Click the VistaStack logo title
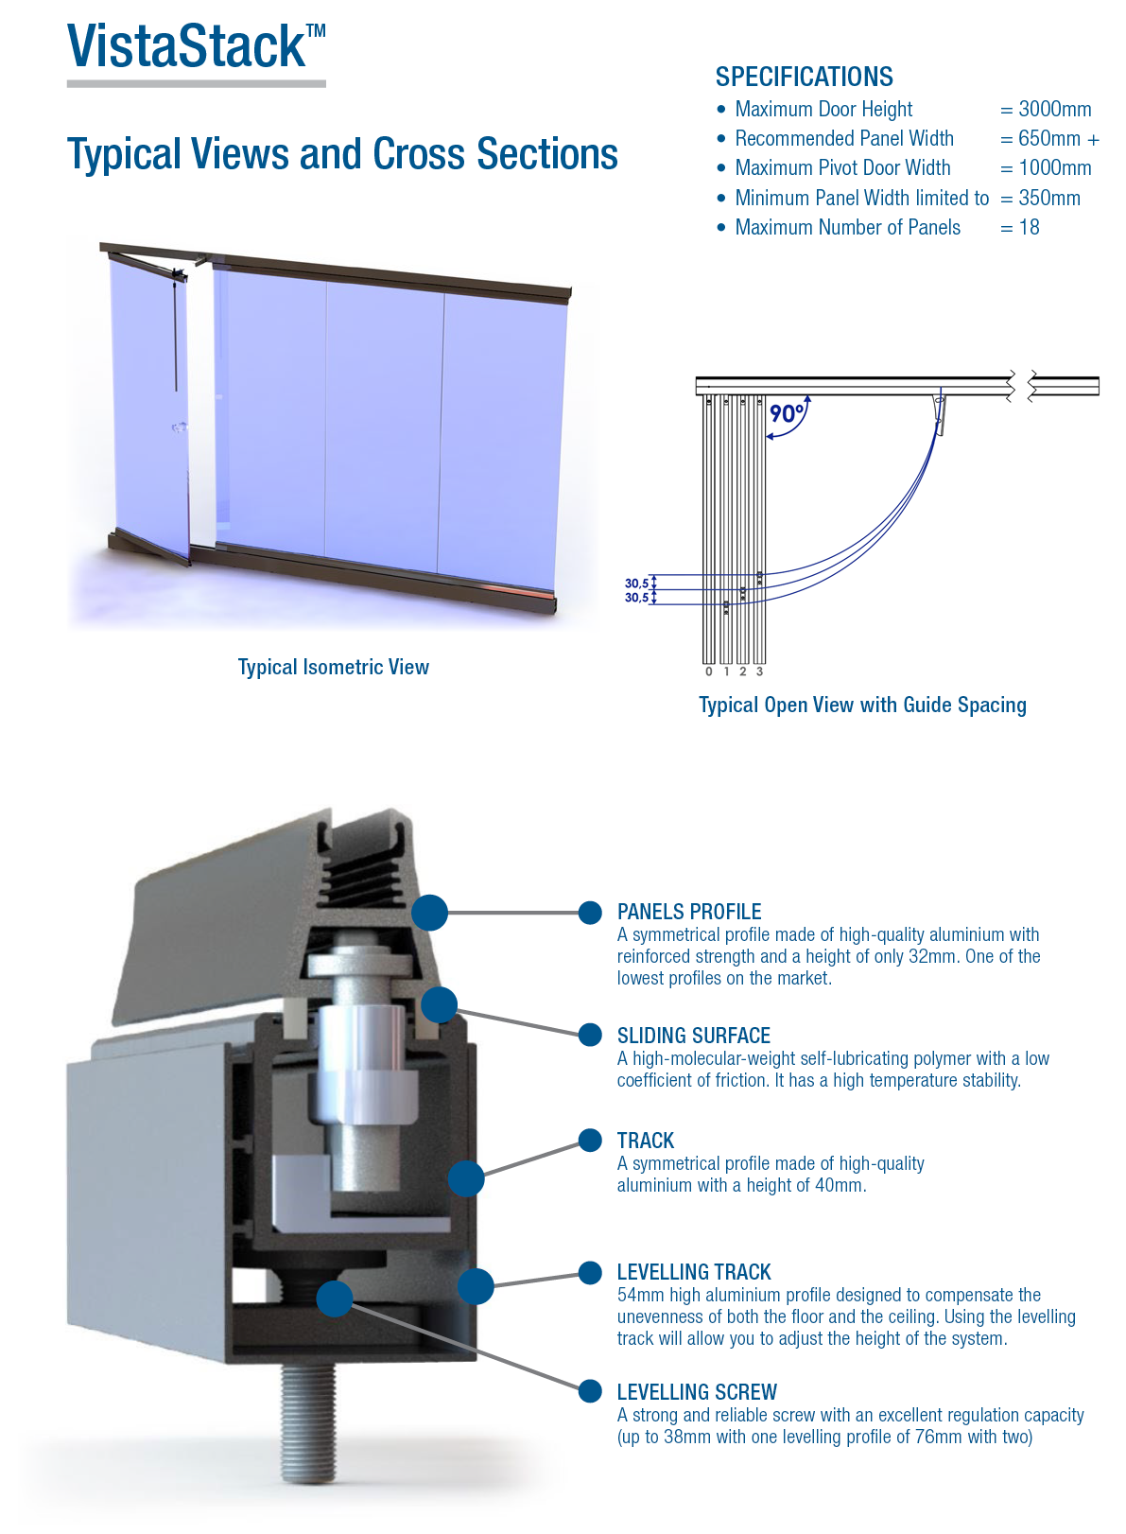[196, 46]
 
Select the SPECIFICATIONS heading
[804, 77]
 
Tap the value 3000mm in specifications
[1054, 109]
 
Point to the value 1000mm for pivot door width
[1054, 167]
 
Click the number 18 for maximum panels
[1029, 227]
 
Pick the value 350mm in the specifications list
[1049, 198]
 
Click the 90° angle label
[786, 413]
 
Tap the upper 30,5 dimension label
[636, 584]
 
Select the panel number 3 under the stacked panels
[759, 671]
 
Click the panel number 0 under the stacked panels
[708, 671]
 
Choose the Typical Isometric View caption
[334, 667]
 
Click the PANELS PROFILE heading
[688, 912]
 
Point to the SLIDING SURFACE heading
[693, 1036]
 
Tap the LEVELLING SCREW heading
[697, 1392]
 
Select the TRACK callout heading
[646, 1141]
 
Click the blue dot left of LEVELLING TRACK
[590, 1272]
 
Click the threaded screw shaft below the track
[308, 1423]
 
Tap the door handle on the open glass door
[180, 428]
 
